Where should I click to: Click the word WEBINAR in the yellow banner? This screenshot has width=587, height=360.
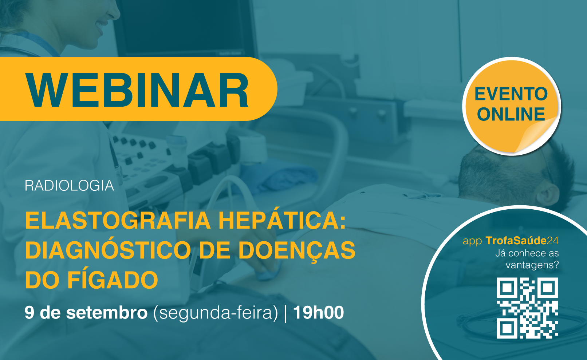click(x=137, y=90)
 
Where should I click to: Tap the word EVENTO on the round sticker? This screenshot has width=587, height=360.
click(x=511, y=94)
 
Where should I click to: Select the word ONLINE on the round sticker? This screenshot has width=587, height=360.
click(x=511, y=114)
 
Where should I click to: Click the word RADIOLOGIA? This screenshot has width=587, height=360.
click(x=69, y=186)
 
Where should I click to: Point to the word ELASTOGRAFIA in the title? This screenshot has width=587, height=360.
click(x=118, y=220)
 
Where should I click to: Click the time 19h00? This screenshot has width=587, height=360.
click(x=318, y=312)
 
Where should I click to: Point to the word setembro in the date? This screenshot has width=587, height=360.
click(x=107, y=313)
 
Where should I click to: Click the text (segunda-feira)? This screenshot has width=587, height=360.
click(x=215, y=313)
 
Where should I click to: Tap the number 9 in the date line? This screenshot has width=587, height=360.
click(x=29, y=312)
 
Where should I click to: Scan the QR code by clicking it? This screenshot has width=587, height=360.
click(x=527, y=308)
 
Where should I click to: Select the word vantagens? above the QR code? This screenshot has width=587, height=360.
click(x=532, y=265)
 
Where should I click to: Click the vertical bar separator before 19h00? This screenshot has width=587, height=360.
click(x=285, y=313)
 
